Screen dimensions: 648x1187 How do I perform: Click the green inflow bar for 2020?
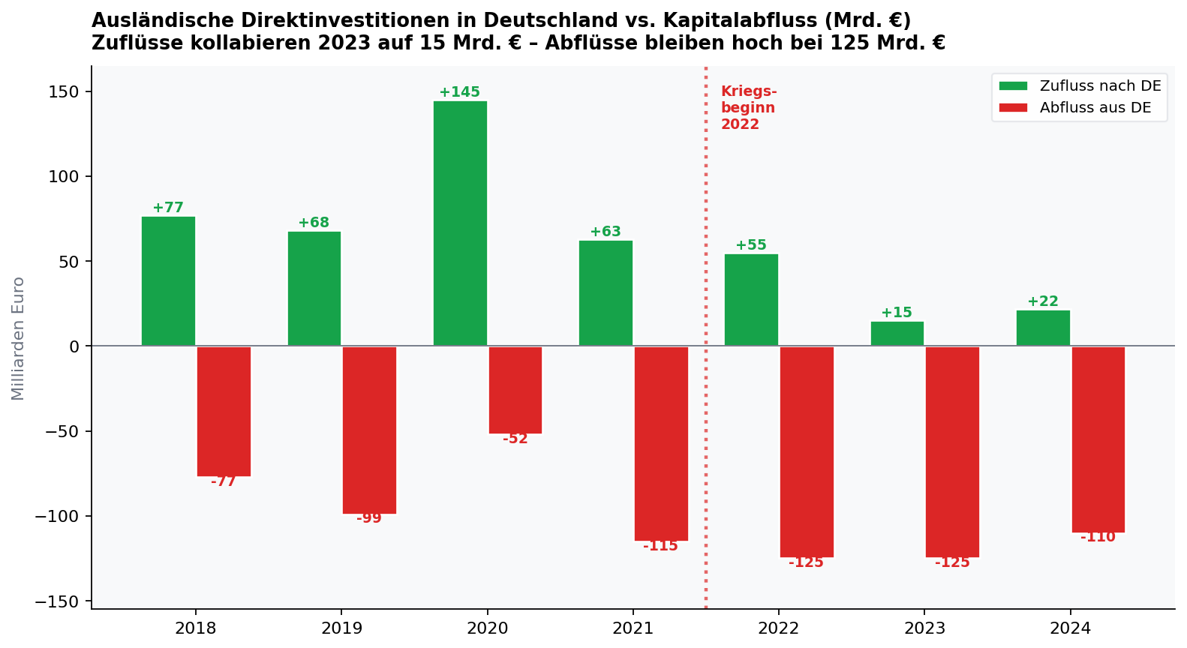tap(460, 223)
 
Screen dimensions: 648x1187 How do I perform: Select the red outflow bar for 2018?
tap(224, 411)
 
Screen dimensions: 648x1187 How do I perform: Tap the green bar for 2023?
tap(897, 334)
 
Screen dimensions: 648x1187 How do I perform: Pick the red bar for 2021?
tap(661, 443)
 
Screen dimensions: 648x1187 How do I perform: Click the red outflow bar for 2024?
tap(1098, 439)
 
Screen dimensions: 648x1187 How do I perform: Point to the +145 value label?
tap(459, 92)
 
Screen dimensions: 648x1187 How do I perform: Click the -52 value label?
tap(515, 439)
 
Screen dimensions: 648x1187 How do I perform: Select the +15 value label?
tap(897, 313)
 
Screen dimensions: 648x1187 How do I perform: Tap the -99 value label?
tap(369, 518)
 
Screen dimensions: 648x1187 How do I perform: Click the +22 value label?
tap(1042, 301)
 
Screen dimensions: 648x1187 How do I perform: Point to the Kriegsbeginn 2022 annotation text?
tap(748, 108)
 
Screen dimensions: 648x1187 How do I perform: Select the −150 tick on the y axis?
tap(59, 601)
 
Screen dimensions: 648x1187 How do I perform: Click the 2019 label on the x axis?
tap(341, 628)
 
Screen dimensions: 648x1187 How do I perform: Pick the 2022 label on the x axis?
tap(779, 628)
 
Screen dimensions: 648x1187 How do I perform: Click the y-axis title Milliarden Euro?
tap(18, 338)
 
